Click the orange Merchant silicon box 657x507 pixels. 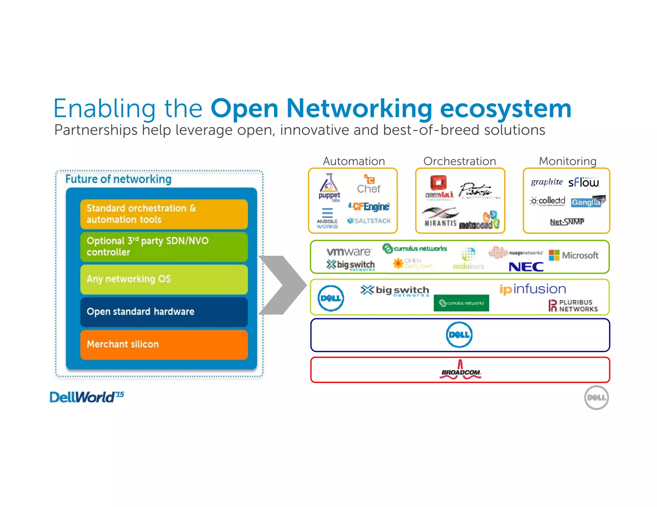pos(164,345)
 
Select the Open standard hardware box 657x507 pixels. pos(164,312)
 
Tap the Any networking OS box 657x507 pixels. pos(164,279)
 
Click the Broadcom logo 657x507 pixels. pos(460,370)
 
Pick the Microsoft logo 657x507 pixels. pos(574,255)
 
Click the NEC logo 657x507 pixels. pos(526,267)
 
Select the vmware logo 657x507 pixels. pos(349,252)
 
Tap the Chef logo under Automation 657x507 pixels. pos(369,184)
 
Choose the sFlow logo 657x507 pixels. pos(584,182)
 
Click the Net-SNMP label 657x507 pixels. pos(567,222)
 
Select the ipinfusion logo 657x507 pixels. pos(533,289)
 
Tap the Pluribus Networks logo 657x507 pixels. pos(573,305)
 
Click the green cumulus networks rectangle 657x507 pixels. pos(461,303)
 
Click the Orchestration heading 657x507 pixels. pos(459,161)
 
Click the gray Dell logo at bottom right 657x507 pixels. pos(596,398)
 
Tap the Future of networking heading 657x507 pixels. pos(118,179)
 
